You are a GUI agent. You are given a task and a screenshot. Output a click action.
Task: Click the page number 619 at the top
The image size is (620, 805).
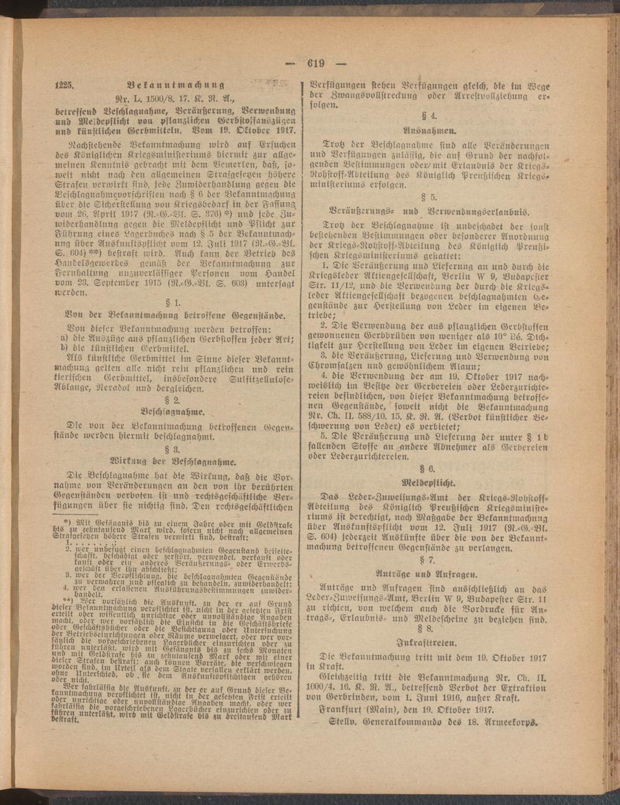click(x=316, y=62)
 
